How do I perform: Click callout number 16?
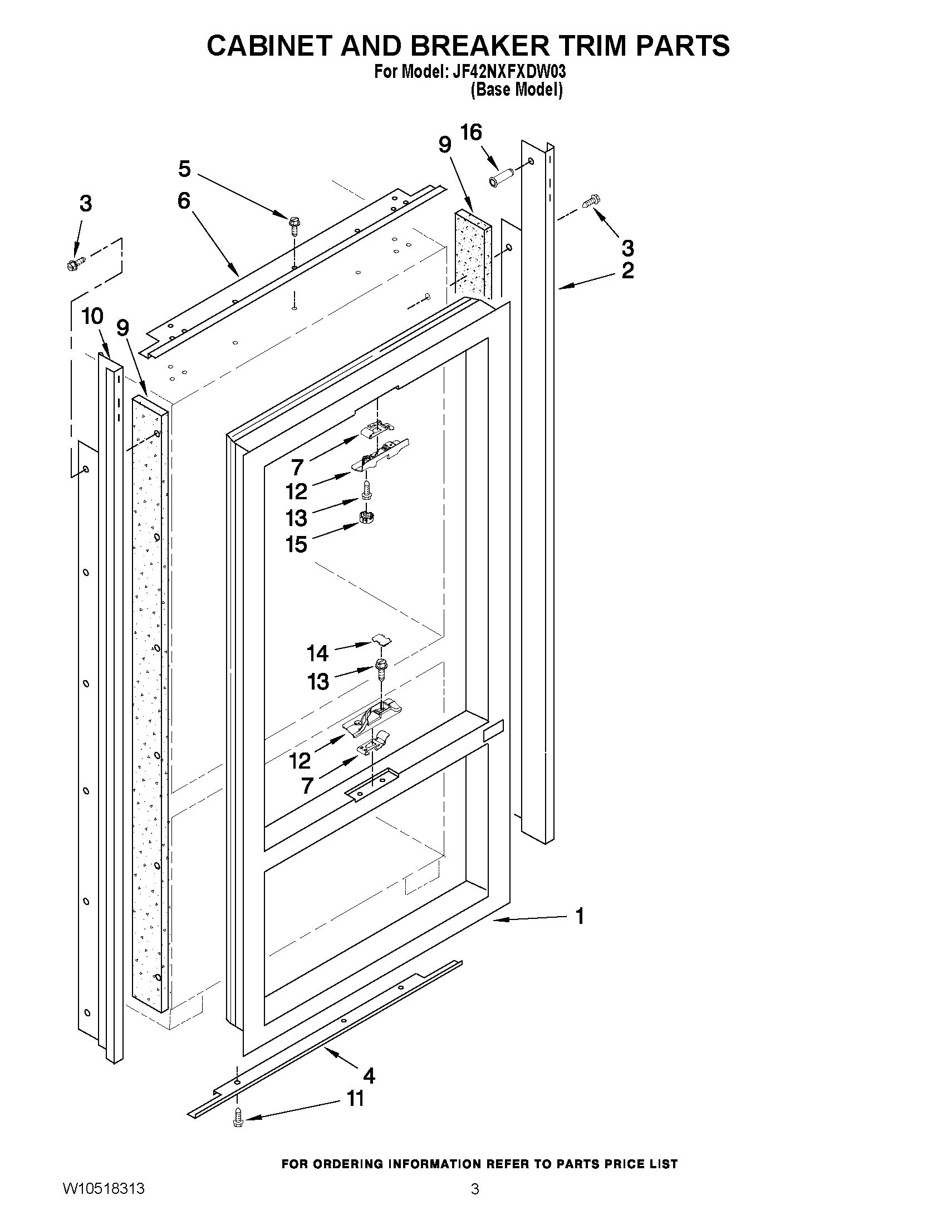pyautogui.click(x=470, y=132)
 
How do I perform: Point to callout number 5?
pyautogui.click(x=184, y=168)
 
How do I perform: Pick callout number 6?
pyautogui.click(x=184, y=200)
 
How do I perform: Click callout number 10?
pyautogui.click(x=92, y=316)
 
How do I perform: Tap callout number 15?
pyautogui.click(x=296, y=544)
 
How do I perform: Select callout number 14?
pyautogui.click(x=317, y=653)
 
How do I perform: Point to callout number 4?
pyautogui.click(x=369, y=1076)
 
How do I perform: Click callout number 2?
pyautogui.click(x=628, y=270)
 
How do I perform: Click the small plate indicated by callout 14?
pyautogui.click(x=381, y=638)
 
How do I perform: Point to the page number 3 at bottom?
pyautogui.click(x=475, y=1204)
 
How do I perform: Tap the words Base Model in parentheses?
pyautogui.click(x=516, y=89)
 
